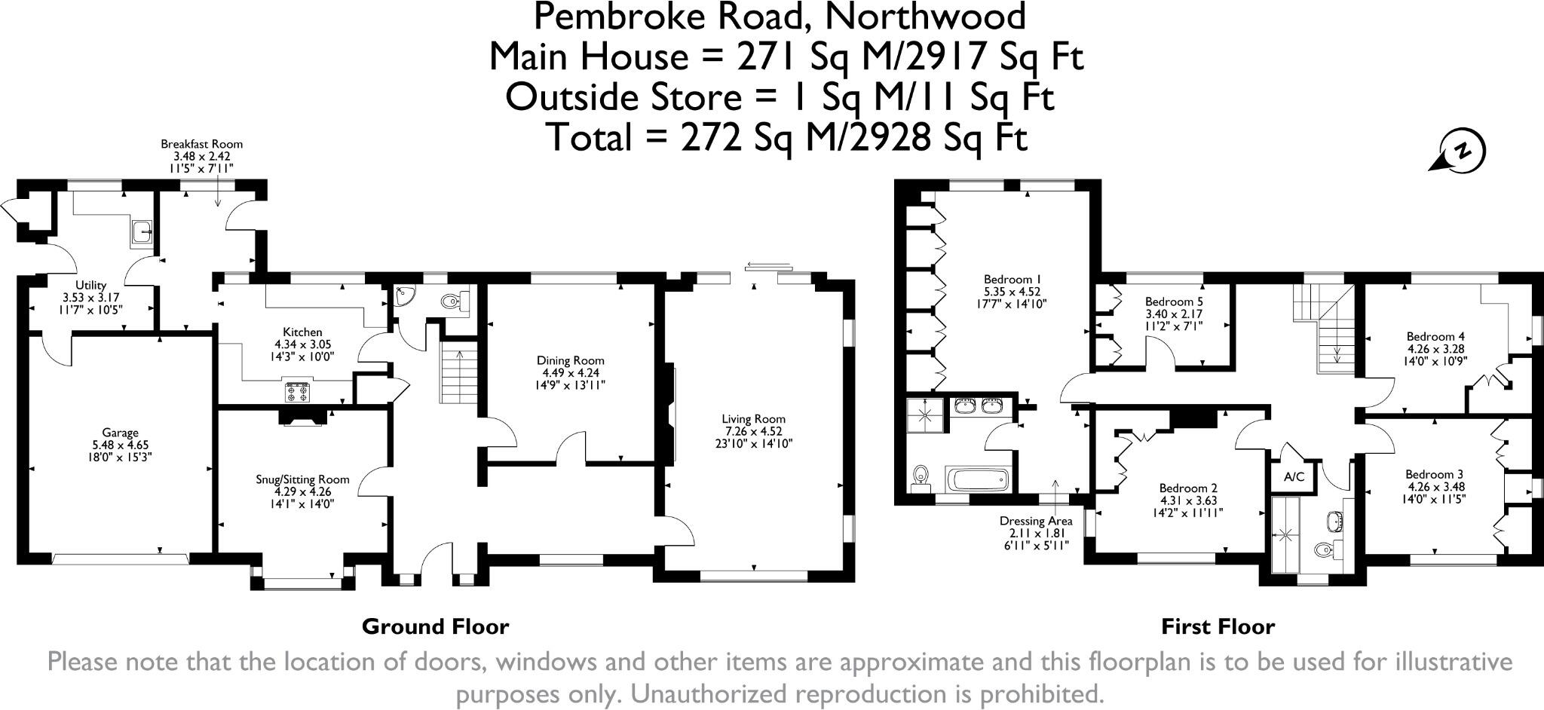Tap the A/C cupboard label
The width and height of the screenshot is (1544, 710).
pyautogui.click(x=1294, y=477)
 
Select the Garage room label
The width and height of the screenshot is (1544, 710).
pyautogui.click(x=121, y=433)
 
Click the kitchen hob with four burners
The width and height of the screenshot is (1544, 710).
pyautogui.click(x=296, y=392)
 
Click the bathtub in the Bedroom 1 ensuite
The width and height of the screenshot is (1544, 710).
pyautogui.click(x=976, y=480)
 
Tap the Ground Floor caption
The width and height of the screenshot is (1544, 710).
pyautogui.click(x=435, y=626)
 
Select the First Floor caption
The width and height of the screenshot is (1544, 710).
pyautogui.click(x=1218, y=626)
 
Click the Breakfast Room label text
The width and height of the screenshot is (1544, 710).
pyautogui.click(x=201, y=144)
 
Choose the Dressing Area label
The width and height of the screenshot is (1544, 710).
pyautogui.click(x=1035, y=521)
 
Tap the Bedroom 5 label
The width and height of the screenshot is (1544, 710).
pyautogui.click(x=1174, y=301)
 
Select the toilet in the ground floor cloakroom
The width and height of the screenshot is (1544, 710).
pyautogui.click(x=454, y=302)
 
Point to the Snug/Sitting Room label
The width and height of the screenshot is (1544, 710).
pyautogui.click(x=302, y=479)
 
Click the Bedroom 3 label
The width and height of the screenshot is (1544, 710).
pyautogui.click(x=1434, y=474)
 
